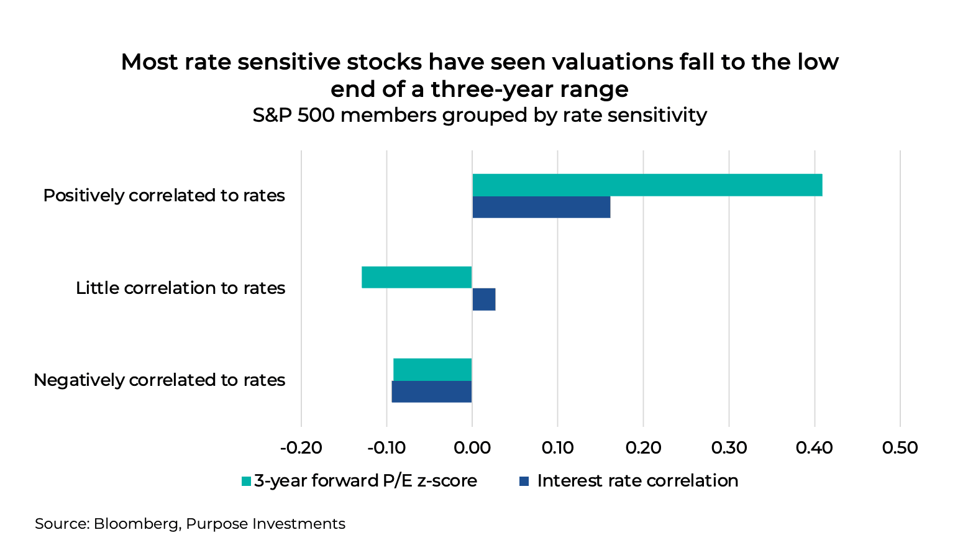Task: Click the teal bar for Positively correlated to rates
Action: (x=647, y=185)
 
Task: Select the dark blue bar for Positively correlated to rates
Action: (x=541, y=207)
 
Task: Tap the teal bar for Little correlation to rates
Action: (x=417, y=277)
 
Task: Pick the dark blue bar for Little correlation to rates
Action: (x=484, y=300)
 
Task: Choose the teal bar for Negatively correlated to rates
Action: (x=432, y=369)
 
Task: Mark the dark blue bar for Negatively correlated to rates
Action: (x=432, y=391)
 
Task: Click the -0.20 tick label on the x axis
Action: (x=301, y=447)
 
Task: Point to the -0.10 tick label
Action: (x=386, y=447)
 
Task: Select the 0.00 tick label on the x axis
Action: (x=472, y=447)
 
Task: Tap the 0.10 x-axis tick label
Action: (x=558, y=447)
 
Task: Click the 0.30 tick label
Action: (x=729, y=447)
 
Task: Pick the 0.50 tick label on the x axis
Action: (x=900, y=447)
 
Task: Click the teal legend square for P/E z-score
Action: (x=246, y=481)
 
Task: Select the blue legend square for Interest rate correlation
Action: (x=524, y=481)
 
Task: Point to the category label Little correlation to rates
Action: (x=180, y=288)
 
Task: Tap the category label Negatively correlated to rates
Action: (x=159, y=380)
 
